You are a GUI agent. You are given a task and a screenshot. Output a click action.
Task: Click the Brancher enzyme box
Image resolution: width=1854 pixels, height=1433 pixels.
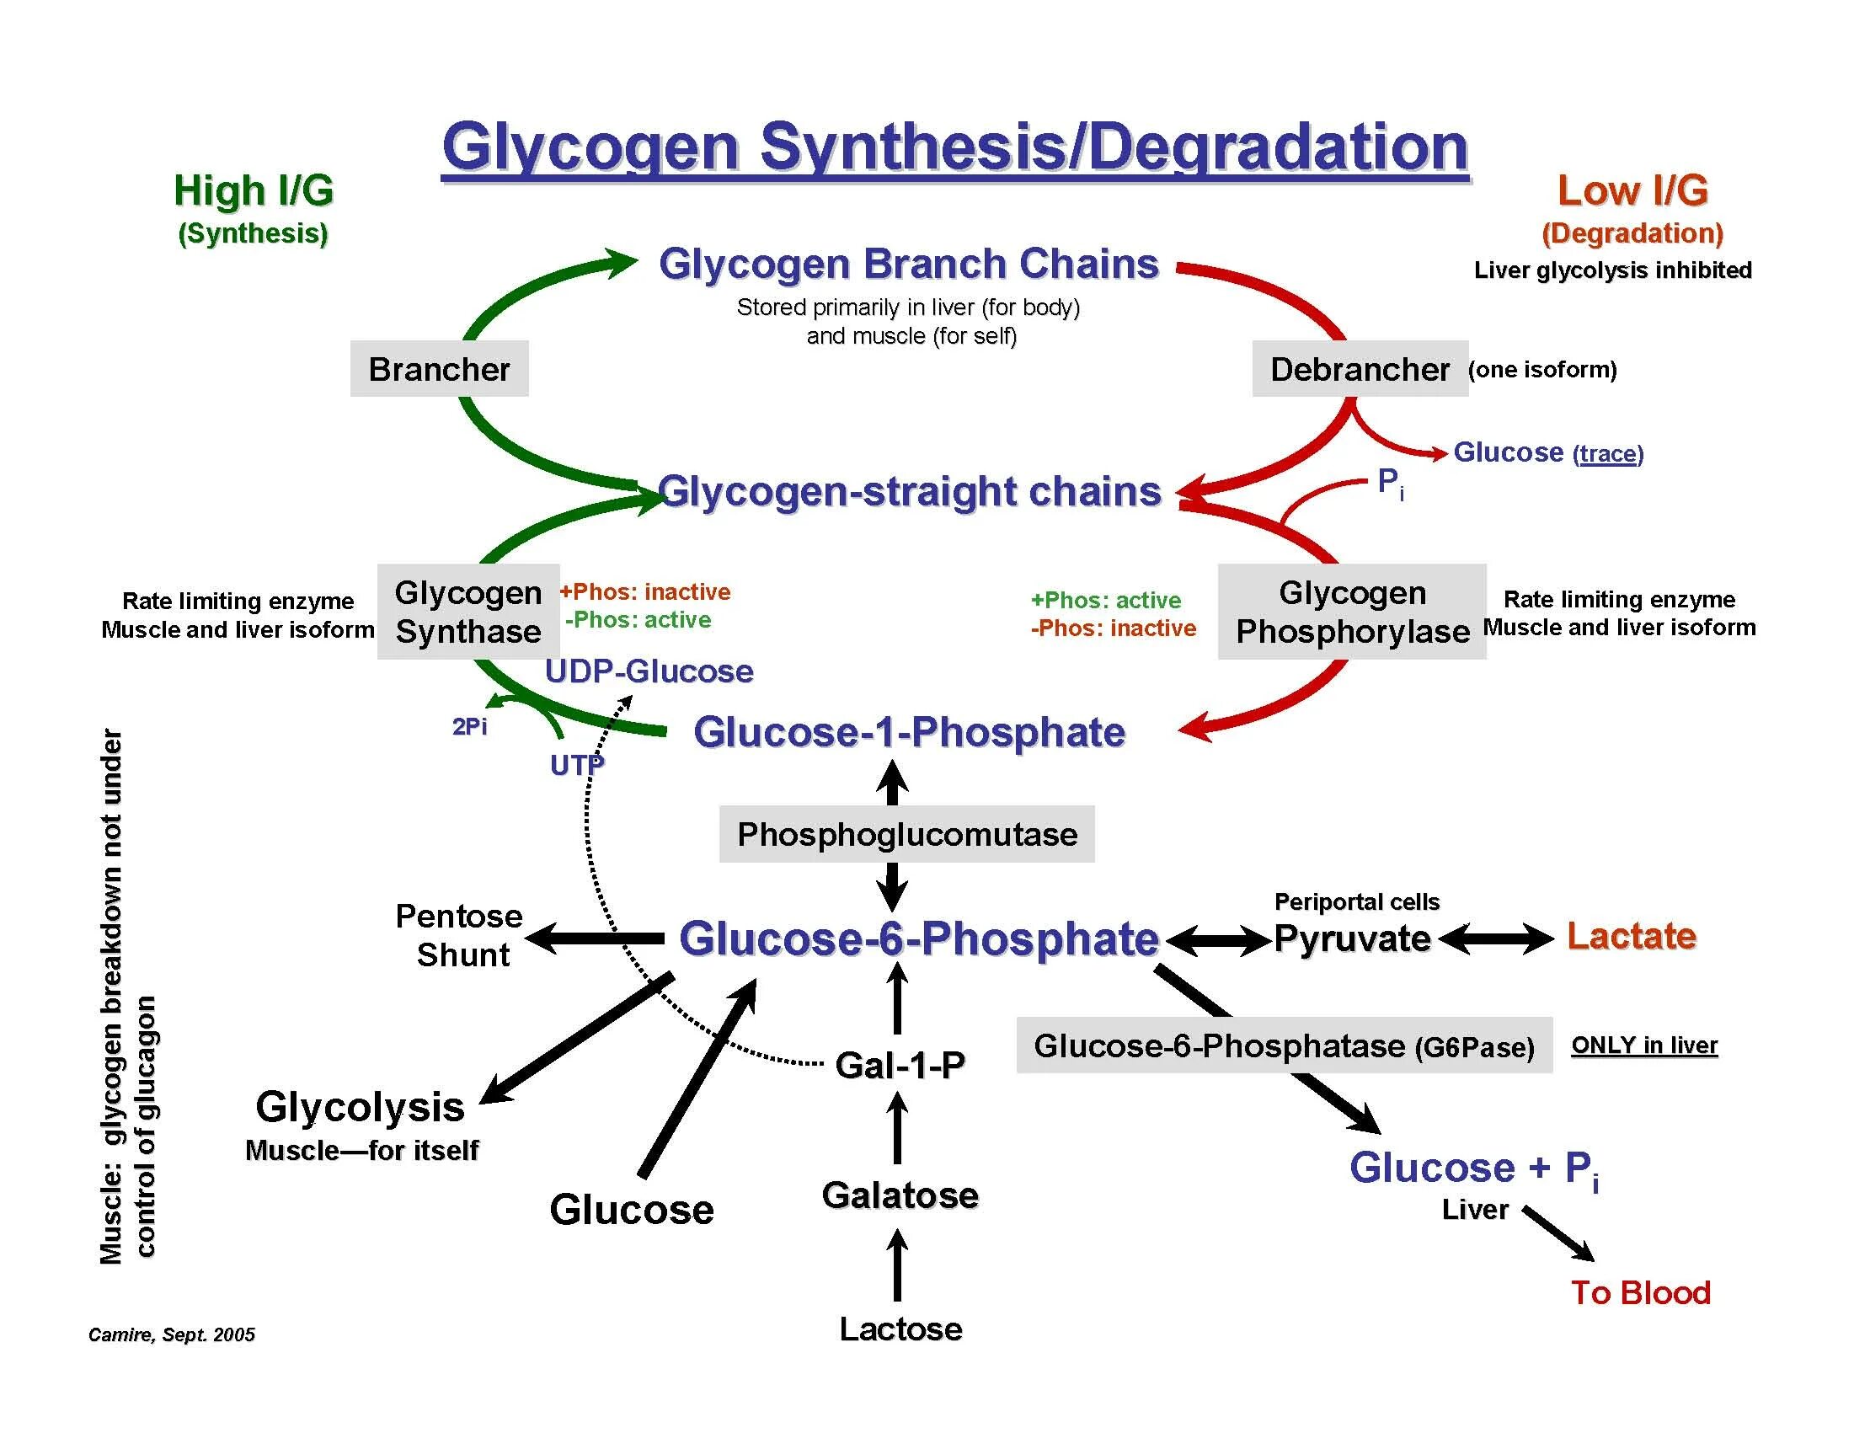tap(439, 369)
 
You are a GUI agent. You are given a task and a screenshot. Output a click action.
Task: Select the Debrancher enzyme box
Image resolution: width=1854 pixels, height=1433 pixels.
tap(1359, 369)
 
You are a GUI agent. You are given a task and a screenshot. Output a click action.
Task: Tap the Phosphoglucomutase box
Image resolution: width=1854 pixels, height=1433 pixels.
tap(906, 835)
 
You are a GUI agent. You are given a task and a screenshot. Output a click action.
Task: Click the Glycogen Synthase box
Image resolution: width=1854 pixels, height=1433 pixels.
tap(468, 612)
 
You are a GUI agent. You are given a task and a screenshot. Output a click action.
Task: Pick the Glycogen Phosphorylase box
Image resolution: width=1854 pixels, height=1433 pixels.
tap(1351, 612)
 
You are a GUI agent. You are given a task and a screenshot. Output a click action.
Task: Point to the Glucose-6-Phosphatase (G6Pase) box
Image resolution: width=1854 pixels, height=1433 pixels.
tap(1284, 1045)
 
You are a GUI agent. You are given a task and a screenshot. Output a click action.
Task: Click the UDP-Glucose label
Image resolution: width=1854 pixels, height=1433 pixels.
tap(649, 671)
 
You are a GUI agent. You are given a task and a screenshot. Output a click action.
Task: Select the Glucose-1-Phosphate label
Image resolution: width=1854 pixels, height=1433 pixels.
tap(908, 732)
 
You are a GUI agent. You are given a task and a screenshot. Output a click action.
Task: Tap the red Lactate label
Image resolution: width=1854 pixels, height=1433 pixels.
tap(1631, 935)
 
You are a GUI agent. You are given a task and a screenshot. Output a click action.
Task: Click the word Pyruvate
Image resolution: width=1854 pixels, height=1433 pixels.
tap(1351, 939)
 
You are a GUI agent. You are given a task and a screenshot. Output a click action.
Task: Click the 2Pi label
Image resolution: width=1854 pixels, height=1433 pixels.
tap(469, 727)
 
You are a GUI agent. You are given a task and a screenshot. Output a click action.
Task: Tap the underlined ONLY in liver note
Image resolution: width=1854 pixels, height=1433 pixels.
tap(1643, 1045)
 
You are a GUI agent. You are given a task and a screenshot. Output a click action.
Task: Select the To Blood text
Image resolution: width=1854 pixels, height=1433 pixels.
tap(1640, 1293)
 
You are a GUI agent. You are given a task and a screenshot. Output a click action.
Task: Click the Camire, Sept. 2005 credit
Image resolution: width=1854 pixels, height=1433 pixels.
tap(172, 1334)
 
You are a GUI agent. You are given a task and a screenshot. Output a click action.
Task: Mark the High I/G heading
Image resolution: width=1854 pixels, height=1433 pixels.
tap(253, 191)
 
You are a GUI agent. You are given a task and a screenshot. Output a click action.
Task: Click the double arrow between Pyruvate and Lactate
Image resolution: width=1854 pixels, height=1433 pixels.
tap(1498, 939)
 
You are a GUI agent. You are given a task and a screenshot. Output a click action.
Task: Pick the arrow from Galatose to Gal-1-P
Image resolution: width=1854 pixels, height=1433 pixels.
tap(897, 1127)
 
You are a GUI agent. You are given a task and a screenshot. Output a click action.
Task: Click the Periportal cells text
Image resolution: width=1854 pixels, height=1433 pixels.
tap(1356, 901)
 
